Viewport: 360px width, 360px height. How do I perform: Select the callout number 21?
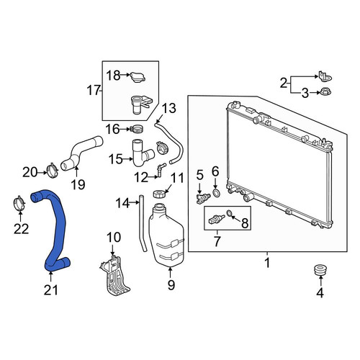coord(51,290)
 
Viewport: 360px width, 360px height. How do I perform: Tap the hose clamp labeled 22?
coord(19,204)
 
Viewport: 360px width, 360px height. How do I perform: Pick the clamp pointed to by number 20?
coord(53,170)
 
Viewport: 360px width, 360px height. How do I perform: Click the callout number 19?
coord(78,184)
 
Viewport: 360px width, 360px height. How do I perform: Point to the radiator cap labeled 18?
coord(138,77)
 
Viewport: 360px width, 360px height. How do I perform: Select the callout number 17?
coord(93,91)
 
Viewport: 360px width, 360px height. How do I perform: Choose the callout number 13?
coord(169,108)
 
